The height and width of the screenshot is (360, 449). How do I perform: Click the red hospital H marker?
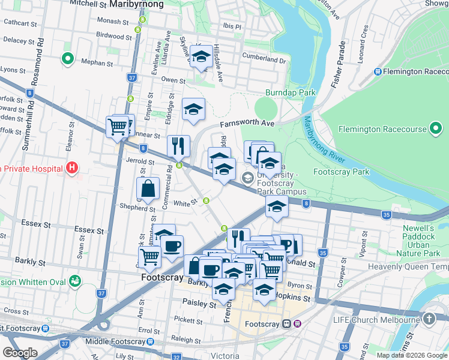[x=72, y=168]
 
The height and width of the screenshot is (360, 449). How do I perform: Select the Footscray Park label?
[x=341, y=172]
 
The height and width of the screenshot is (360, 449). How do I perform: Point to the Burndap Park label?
[x=291, y=93]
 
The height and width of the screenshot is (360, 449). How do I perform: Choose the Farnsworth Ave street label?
[x=247, y=124]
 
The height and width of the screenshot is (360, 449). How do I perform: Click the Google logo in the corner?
[x=20, y=353]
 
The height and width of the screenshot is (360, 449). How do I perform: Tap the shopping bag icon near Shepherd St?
[x=148, y=189]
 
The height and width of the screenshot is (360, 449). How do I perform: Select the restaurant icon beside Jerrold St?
[x=178, y=146]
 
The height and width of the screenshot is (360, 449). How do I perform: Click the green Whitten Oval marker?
[x=75, y=280]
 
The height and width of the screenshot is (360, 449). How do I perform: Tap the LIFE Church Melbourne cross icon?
[x=429, y=319]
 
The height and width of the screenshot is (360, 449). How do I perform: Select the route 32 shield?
[x=176, y=357]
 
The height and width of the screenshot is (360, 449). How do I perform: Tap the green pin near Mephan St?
[x=67, y=59]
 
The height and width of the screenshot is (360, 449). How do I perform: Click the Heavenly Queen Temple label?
[x=408, y=266]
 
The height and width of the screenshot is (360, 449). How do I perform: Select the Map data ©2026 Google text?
[x=412, y=355]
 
